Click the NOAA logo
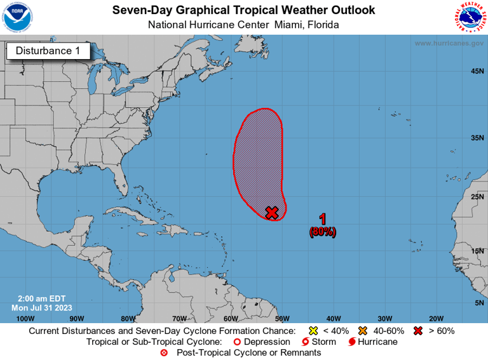tap(17, 17)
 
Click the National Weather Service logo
tap(471, 17)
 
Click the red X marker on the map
tap(272, 213)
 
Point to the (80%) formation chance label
tap(323, 232)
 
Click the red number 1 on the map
tap(323, 220)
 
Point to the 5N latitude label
tap(478, 303)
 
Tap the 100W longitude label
tap(25, 318)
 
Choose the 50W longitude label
tap(282, 318)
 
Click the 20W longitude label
tap(436, 318)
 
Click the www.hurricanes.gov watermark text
tap(449, 43)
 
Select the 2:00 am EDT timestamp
tap(41, 298)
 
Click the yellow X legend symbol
tap(312, 331)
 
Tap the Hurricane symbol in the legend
tap(352, 342)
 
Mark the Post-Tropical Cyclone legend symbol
tap(165, 352)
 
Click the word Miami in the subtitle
tap(288, 25)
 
